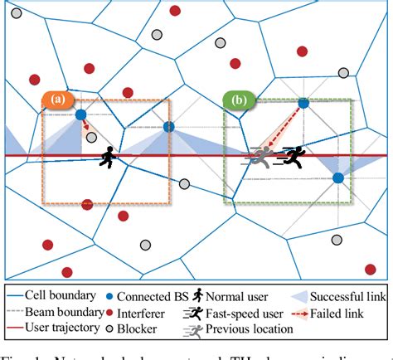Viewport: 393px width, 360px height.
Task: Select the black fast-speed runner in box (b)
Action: coord(291,155)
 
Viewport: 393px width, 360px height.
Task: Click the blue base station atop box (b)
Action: coord(303,102)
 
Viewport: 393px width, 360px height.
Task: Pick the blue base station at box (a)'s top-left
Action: coord(80,115)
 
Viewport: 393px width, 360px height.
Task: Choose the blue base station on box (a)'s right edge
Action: coord(169,127)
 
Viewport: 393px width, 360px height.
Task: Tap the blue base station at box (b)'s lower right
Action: coord(339,178)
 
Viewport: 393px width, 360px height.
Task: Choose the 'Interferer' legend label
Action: coord(142,312)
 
